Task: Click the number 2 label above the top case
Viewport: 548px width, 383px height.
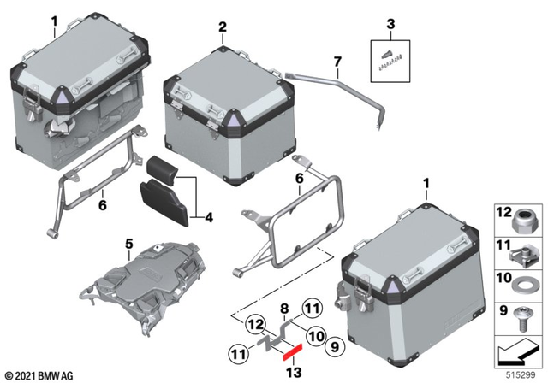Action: point(222,27)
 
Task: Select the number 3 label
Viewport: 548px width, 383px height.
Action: point(390,24)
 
